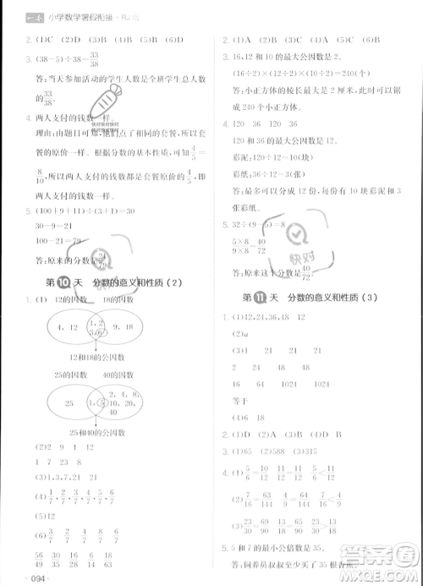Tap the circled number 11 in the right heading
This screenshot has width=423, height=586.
click(x=261, y=297)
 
